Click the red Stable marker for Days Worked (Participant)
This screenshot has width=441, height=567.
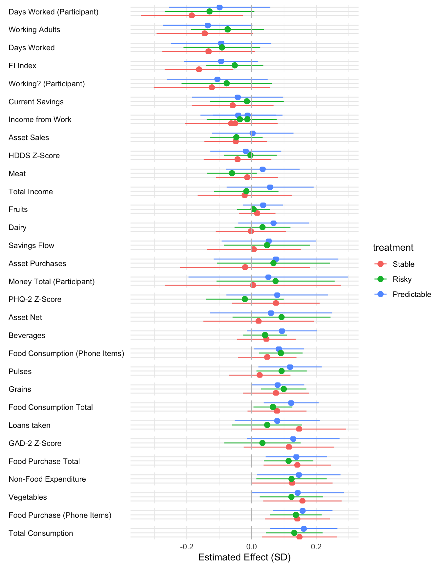click(x=192, y=15)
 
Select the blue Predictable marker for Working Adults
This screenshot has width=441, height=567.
click(x=208, y=25)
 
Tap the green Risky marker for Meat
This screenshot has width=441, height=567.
click(x=232, y=173)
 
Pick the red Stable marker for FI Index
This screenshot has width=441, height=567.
click(x=199, y=69)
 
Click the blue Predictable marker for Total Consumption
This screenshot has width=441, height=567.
click(x=304, y=529)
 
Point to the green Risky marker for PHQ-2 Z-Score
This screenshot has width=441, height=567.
click(x=245, y=299)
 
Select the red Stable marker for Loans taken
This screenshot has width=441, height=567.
click(x=299, y=429)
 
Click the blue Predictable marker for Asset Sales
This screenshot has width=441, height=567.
click(x=253, y=133)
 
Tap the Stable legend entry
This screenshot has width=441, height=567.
click(x=403, y=264)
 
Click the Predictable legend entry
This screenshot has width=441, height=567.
click(x=411, y=294)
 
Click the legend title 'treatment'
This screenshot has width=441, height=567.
click(x=393, y=248)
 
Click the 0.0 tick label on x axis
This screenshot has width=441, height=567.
click(x=251, y=547)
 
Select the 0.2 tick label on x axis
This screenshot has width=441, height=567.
click(x=316, y=547)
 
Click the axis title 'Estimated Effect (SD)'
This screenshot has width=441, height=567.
click(x=244, y=557)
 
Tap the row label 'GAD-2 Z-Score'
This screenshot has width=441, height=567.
click(x=35, y=443)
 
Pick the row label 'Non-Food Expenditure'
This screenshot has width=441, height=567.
click(x=47, y=479)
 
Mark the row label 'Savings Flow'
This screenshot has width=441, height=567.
click(x=31, y=245)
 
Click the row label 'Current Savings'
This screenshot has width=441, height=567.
click(x=36, y=102)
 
